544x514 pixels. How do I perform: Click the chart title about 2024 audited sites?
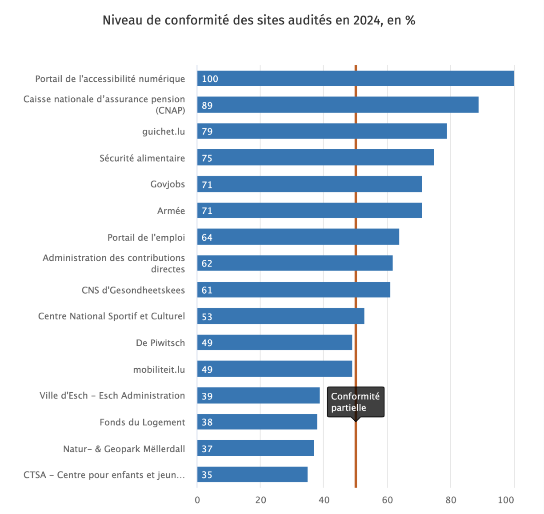click(259, 21)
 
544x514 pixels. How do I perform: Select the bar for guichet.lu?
click(322, 131)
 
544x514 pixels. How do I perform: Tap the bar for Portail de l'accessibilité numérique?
click(356, 79)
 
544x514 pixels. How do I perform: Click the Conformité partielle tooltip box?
click(356, 402)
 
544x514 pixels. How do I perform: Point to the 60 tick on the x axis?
click(388, 500)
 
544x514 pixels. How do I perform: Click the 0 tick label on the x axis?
click(197, 500)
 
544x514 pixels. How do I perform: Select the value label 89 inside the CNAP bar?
click(207, 105)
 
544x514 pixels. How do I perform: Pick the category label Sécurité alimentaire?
click(142, 158)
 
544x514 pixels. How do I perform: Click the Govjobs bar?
click(309, 184)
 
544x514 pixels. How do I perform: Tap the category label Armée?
click(171, 211)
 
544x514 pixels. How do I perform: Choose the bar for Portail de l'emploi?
click(298, 237)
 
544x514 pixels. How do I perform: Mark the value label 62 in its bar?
click(207, 263)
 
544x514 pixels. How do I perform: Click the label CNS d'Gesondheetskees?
click(133, 290)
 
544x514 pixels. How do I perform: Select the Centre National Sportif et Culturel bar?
click(280, 316)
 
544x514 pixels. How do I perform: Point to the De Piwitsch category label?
click(160, 343)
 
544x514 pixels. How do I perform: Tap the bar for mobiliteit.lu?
click(275, 369)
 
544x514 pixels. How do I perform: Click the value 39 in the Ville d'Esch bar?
click(207, 396)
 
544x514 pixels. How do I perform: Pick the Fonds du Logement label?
click(142, 422)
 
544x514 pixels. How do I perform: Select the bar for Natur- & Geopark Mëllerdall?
click(256, 449)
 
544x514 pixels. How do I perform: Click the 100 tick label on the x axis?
click(506, 500)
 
